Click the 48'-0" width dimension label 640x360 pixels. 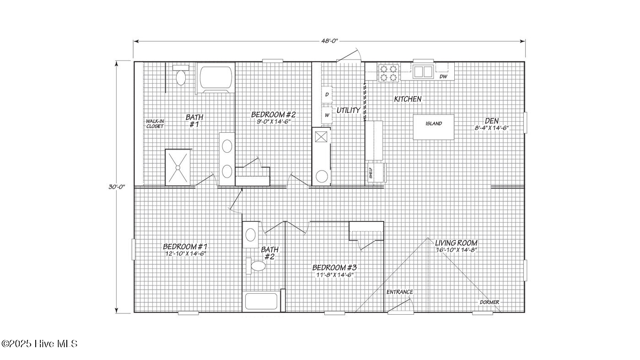(329, 41)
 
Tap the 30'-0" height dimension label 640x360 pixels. (117, 187)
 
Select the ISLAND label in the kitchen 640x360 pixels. (434, 124)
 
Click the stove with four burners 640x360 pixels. (388, 73)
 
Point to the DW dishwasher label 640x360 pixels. (443, 76)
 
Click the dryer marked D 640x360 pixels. (327, 95)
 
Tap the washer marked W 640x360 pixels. (327, 115)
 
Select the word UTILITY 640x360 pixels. (348, 110)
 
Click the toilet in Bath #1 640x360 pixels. (181, 75)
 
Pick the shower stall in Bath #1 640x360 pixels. (177, 168)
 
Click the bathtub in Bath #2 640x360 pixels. (261, 301)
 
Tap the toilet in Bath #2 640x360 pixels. (256, 266)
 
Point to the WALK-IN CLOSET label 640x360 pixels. (155, 124)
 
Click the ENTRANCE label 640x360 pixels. (400, 292)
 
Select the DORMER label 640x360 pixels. (489, 302)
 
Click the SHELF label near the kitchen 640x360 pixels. (371, 173)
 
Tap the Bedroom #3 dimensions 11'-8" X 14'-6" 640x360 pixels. (335, 275)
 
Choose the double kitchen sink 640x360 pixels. (423, 72)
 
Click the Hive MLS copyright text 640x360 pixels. (39, 344)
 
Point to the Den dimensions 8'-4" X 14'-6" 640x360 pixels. (492, 128)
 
